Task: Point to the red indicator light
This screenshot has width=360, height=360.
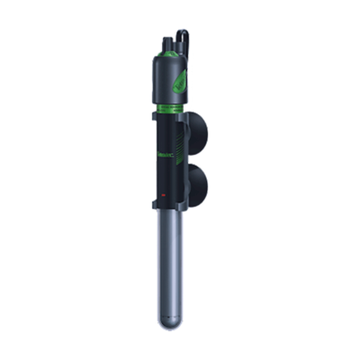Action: point(163,194)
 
